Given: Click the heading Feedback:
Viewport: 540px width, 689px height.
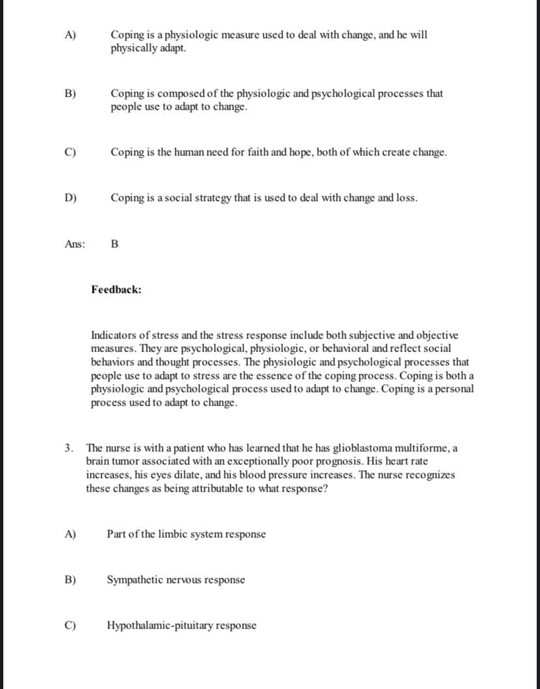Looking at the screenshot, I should (x=116, y=289).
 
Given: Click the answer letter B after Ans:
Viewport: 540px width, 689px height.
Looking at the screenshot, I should (x=115, y=244).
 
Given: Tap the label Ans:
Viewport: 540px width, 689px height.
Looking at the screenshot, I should (x=75, y=244).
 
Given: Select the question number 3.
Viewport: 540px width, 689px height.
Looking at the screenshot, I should (x=68, y=448).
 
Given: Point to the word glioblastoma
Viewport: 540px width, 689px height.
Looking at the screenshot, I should (x=363, y=448).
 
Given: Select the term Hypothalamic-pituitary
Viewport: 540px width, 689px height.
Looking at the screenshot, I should (x=160, y=626).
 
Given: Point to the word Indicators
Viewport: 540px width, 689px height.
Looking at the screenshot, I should (x=115, y=336).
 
